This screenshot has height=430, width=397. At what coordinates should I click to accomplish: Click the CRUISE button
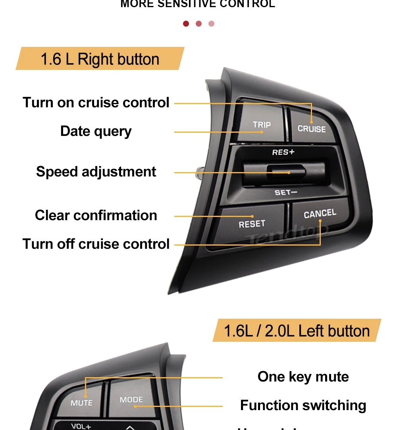(312, 126)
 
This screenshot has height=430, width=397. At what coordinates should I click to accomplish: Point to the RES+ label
(283, 152)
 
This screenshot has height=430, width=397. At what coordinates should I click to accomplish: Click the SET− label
(286, 192)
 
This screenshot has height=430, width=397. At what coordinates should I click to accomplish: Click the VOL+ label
(81, 426)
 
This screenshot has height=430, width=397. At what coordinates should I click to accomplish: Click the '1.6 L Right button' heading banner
(100, 59)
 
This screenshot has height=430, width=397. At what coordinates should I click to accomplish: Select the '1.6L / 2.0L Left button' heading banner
(297, 331)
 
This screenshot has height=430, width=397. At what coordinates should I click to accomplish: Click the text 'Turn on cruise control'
(96, 103)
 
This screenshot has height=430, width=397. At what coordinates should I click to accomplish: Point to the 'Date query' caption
(96, 131)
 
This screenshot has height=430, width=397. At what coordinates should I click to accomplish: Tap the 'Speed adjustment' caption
(96, 172)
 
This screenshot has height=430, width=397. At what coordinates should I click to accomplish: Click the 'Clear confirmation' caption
(96, 215)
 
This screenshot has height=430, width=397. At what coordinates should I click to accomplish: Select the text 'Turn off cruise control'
(96, 244)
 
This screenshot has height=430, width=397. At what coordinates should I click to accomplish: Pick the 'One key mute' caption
(303, 377)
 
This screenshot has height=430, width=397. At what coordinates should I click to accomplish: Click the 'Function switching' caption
(303, 405)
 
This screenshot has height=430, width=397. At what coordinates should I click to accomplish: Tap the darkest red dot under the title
(186, 24)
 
